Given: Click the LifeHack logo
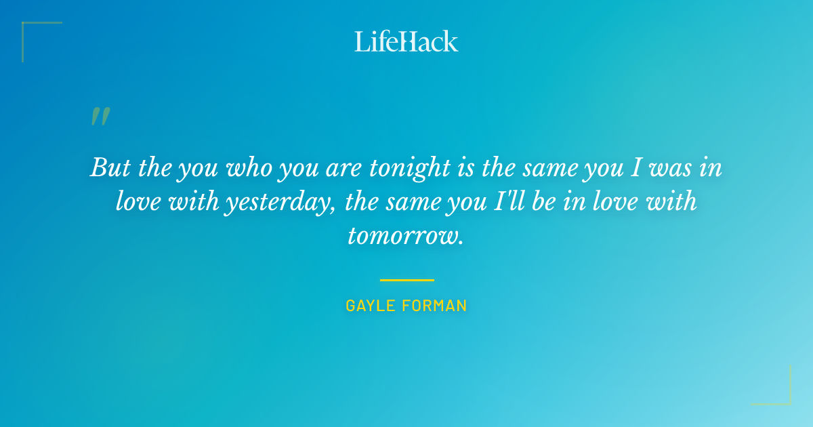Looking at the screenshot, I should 406,41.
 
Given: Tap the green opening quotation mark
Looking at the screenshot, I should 100,117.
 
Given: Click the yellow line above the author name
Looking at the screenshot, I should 406,280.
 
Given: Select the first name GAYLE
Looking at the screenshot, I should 370,306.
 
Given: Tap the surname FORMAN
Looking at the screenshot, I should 434,306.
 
